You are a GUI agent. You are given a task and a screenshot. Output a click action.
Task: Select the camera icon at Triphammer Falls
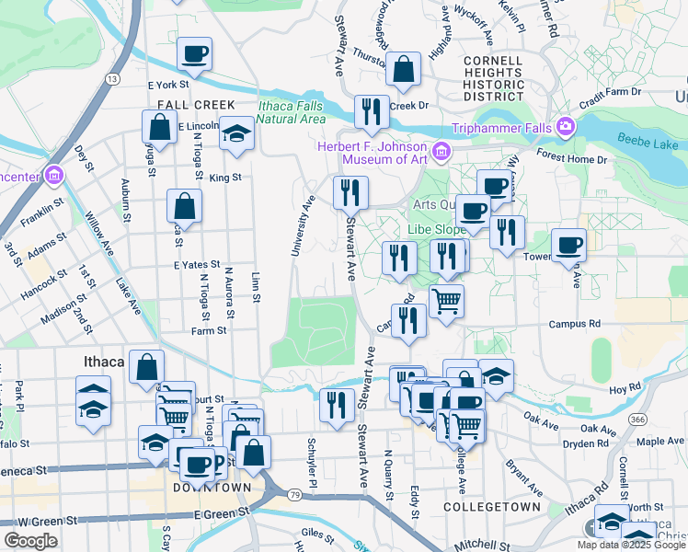click(x=565, y=124)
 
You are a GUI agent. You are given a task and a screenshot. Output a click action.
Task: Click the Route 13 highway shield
click(x=112, y=80)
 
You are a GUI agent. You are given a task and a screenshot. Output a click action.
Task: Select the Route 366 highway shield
click(x=636, y=419)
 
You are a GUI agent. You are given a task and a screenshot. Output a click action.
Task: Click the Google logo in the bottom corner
click(x=30, y=541)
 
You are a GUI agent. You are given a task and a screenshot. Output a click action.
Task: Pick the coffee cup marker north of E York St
click(x=194, y=54)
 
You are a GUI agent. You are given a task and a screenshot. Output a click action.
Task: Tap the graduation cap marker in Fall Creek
click(x=236, y=133)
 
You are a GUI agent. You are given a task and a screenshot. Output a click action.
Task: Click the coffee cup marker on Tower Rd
click(x=568, y=246)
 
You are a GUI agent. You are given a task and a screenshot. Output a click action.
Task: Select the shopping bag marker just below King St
click(x=184, y=207)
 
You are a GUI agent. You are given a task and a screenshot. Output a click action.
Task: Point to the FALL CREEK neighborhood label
click(x=196, y=105)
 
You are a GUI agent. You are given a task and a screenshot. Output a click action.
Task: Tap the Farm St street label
click(x=209, y=330)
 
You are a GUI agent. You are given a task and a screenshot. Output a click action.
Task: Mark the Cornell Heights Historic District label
click(x=494, y=78)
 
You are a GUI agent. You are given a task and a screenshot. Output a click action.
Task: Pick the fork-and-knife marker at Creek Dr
click(x=372, y=112)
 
